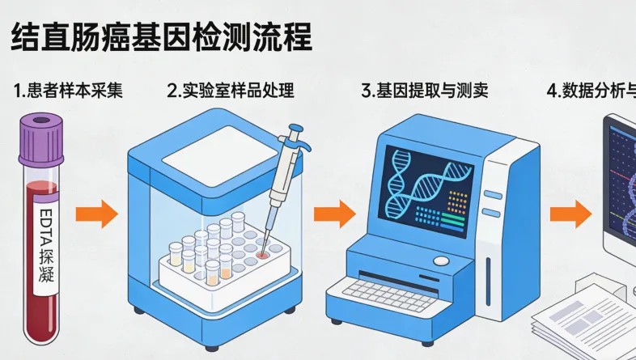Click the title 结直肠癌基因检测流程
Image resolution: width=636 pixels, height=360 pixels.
[x=160, y=37]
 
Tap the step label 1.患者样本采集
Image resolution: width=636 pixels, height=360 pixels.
[x=69, y=91]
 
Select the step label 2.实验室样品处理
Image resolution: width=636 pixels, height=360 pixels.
[x=231, y=91]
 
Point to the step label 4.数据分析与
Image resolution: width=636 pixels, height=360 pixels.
[x=591, y=91]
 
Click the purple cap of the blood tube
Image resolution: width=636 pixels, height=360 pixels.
[x=41, y=133]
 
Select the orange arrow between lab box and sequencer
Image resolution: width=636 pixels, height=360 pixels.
[x=334, y=214]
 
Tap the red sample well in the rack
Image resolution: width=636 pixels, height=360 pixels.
[x=262, y=254]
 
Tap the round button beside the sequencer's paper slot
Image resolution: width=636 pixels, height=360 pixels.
[x=440, y=260]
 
